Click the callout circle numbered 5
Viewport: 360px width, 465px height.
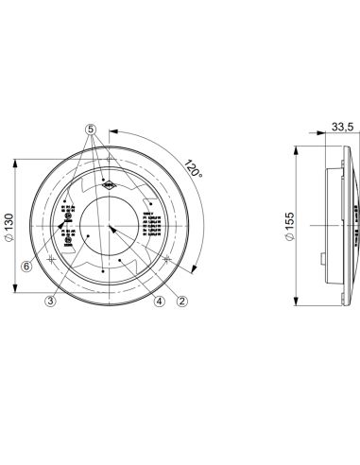point(92,129)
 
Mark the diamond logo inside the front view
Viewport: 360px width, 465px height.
point(110,187)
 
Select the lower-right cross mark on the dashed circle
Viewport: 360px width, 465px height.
point(167,258)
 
